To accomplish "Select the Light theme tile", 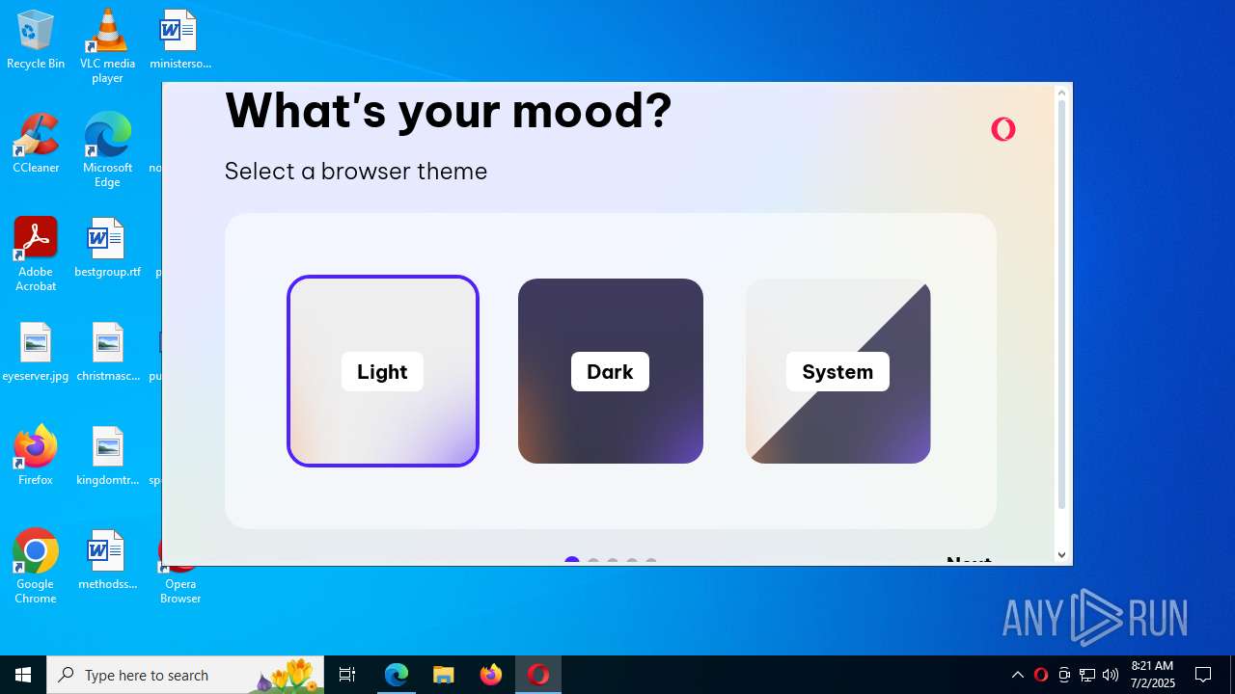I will [x=383, y=371].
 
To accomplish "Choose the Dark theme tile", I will [x=610, y=371].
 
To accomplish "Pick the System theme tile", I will [x=837, y=371].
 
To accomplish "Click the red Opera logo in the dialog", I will [x=1003, y=129].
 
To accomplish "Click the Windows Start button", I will [x=23, y=675].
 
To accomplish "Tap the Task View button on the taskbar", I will [x=347, y=675].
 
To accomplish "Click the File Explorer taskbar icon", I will [x=443, y=675].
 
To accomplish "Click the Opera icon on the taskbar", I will [x=537, y=675].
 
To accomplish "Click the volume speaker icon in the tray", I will [x=1111, y=675].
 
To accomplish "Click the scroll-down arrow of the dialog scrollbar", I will [x=1061, y=554].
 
